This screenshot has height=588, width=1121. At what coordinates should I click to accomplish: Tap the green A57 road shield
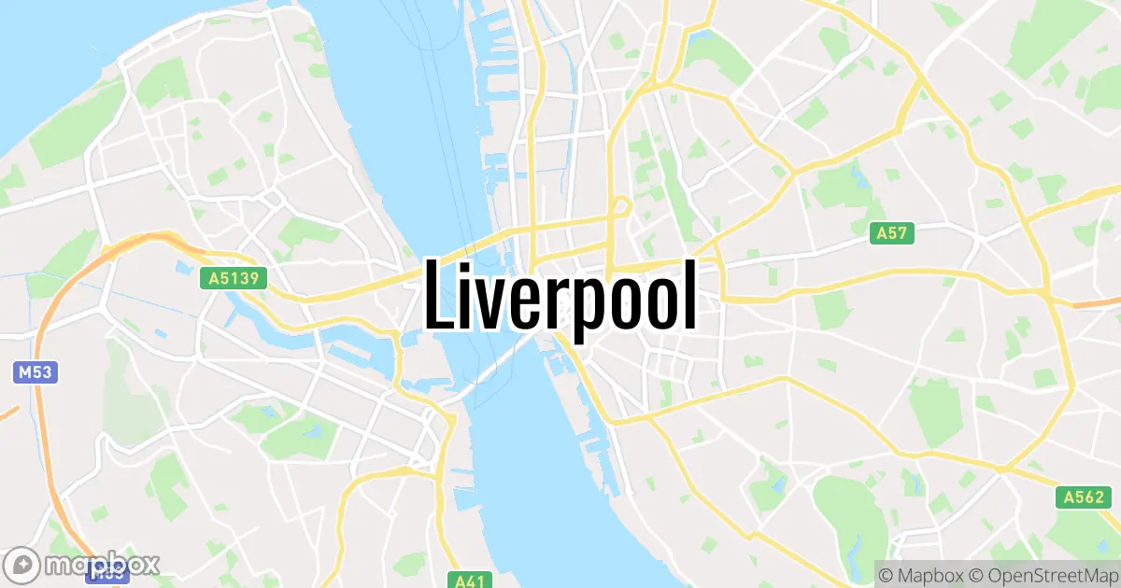click(893, 233)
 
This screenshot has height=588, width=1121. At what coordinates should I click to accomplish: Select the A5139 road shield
click(234, 278)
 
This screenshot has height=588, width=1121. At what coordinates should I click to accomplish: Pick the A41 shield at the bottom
click(468, 581)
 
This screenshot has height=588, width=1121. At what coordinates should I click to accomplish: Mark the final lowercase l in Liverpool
click(689, 295)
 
